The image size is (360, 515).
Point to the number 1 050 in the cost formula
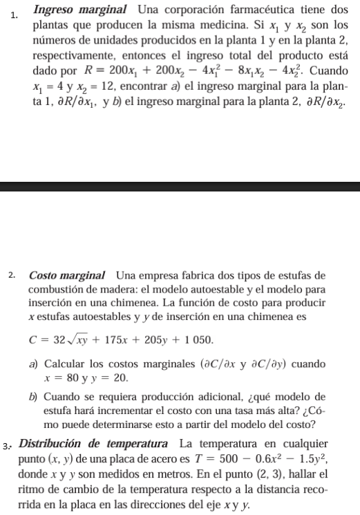click(193, 340)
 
